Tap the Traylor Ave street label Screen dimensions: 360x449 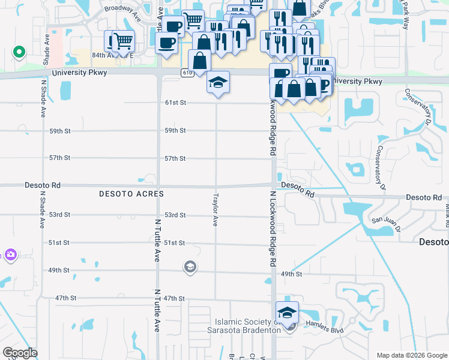[215, 209]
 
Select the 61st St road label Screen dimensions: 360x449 [176, 103]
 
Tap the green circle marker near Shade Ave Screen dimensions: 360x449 [19, 52]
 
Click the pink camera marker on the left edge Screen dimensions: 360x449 [10, 255]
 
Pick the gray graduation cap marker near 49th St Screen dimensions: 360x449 [190, 267]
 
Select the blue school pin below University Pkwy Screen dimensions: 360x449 [218, 83]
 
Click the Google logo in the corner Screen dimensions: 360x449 [20, 353]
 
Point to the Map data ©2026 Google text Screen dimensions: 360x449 [411, 355]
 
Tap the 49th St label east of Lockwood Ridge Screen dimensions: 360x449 [291, 274]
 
